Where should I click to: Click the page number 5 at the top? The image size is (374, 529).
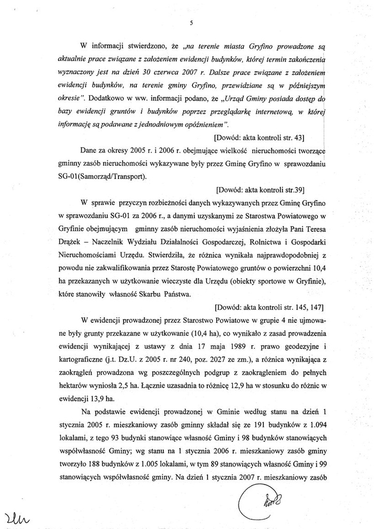click(191, 23)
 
